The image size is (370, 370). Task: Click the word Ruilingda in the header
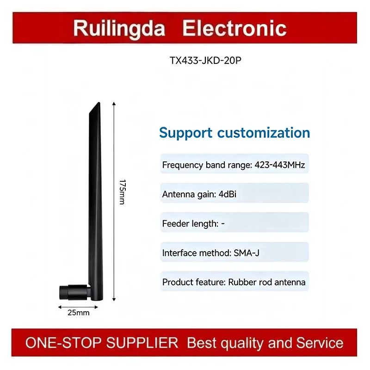click(x=119, y=29)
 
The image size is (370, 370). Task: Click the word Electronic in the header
click(x=234, y=28)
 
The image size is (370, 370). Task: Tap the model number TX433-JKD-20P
click(x=205, y=61)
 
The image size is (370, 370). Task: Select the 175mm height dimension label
click(x=123, y=192)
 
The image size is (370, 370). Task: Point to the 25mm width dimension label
click(x=79, y=313)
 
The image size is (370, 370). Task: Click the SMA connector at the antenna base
click(x=75, y=293)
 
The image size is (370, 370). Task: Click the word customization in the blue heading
click(x=264, y=133)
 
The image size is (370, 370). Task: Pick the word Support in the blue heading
click(x=186, y=133)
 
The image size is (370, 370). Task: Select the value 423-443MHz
click(x=280, y=165)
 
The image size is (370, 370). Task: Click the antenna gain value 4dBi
click(x=228, y=194)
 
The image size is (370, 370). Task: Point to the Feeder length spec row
click(x=234, y=222)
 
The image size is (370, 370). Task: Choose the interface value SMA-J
click(x=247, y=253)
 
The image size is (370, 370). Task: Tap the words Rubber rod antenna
click(x=267, y=282)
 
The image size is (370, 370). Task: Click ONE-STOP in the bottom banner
click(x=63, y=343)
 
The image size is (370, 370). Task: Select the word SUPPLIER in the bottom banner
click(x=142, y=343)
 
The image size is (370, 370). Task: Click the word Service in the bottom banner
click(x=320, y=343)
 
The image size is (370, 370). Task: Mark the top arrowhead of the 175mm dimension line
click(x=114, y=104)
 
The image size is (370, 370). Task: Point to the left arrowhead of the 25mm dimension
click(x=60, y=307)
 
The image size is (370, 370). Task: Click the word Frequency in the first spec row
click(x=182, y=165)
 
